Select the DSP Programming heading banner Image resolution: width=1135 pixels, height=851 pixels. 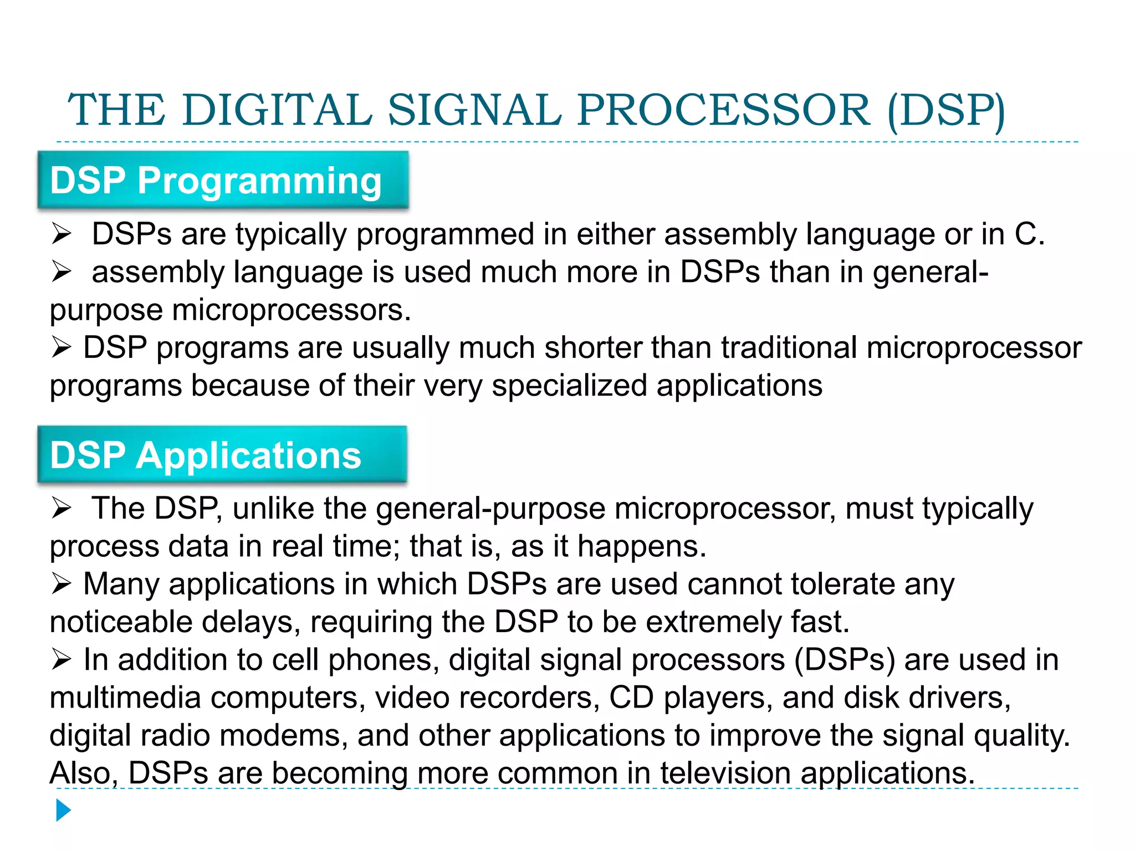point(223,181)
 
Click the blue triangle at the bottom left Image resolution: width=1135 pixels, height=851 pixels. point(63,810)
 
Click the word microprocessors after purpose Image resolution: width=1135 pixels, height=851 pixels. point(292,310)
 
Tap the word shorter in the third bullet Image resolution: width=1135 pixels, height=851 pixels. point(593,348)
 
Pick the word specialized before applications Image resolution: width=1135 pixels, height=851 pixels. point(569,386)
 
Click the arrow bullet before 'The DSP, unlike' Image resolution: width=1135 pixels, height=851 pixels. point(61,508)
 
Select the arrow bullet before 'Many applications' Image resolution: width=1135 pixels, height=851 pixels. point(61,584)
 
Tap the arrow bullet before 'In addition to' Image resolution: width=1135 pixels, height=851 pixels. point(61,660)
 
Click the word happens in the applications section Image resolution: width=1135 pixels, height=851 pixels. point(641,546)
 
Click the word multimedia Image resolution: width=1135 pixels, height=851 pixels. point(125,698)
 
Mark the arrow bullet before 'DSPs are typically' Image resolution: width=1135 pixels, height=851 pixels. point(61,234)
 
